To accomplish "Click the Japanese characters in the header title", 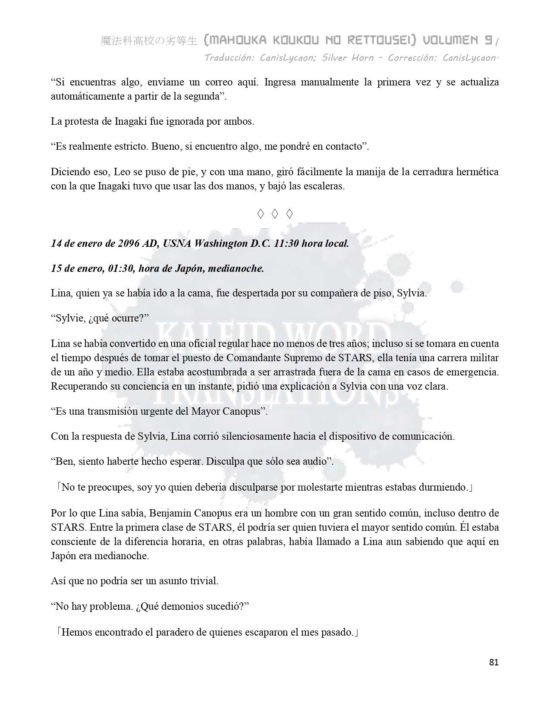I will click(x=149, y=41).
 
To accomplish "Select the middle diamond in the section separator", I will click(x=275, y=213).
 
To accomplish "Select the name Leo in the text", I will click(x=121, y=172).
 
